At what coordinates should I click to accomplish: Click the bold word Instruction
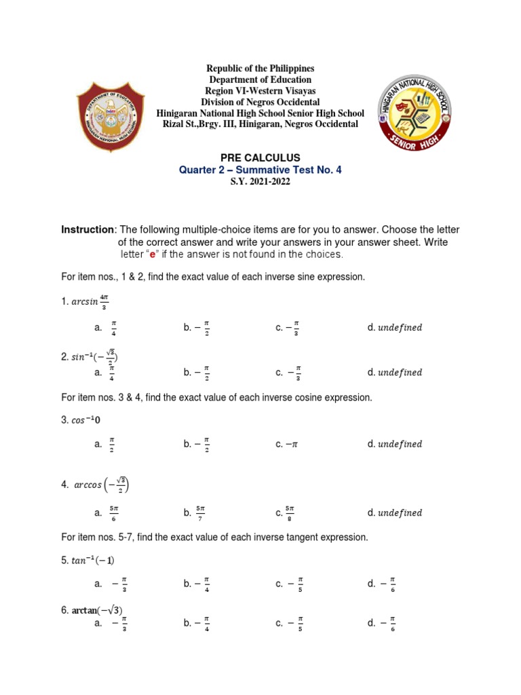(x=88, y=230)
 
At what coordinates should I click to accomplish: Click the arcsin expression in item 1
(x=89, y=301)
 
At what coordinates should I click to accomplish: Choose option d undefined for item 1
(x=394, y=328)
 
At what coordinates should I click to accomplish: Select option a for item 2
(x=108, y=372)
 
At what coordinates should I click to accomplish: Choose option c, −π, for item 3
(x=288, y=445)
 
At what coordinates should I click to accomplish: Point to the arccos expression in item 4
(x=100, y=485)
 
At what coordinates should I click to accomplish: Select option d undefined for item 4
(x=394, y=513)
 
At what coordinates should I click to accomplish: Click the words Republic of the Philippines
(x=260, y=69)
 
